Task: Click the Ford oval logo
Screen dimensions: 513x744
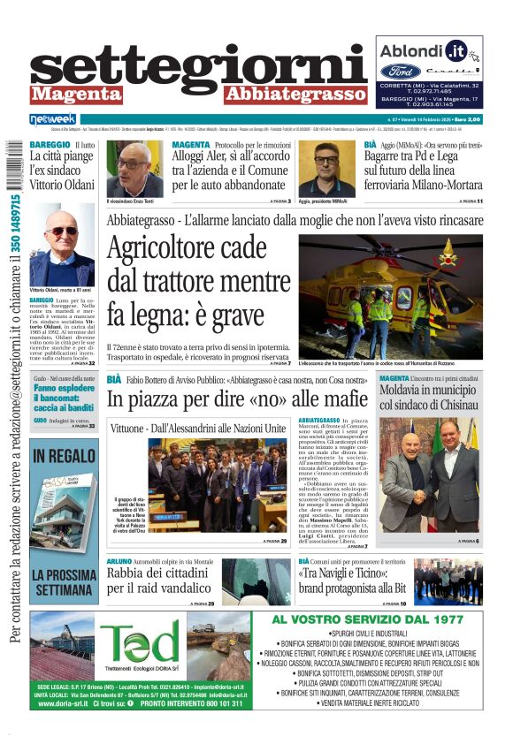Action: pyautogui.click(x=400, y=70)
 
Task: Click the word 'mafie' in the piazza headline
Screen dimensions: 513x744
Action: pyautogui.click(x=338, y=399)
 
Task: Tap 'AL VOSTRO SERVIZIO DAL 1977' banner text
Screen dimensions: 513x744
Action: pyautogui.click(x=368, y=619)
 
